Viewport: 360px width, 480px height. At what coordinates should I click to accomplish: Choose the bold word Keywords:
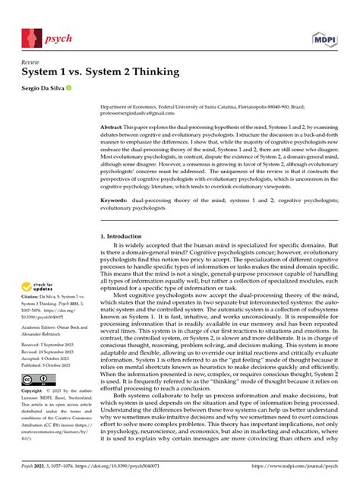coord(118,201)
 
